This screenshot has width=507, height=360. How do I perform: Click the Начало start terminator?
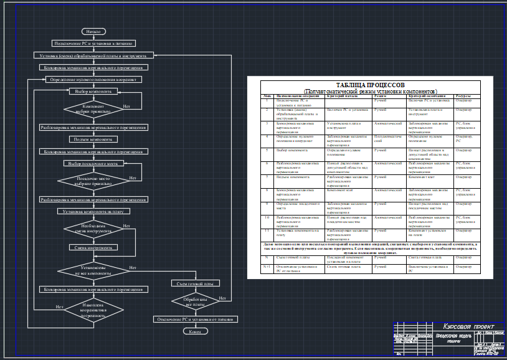click(94, 31)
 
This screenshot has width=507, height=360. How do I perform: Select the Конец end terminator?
click(195, 331)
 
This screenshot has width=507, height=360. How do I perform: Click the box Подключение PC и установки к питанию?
click(94, 44)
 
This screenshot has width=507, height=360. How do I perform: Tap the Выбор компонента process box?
click(94, 91)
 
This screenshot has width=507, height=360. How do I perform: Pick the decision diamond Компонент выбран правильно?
click(94, 110)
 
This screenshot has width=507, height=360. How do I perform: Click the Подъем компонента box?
click(94, 140)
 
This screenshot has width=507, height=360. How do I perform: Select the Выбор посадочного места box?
click(94, 163)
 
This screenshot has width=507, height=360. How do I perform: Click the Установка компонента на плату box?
click(94, 211)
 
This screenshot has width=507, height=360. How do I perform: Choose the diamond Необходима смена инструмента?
click(94, 229)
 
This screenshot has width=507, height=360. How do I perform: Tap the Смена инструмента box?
click(94, 247)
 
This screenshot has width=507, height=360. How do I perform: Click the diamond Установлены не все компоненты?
click(94, 271)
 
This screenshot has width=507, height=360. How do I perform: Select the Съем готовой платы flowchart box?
click(195, 283)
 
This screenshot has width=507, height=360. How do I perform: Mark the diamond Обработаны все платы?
click(195, 301)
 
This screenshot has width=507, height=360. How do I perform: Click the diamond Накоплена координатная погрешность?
click(94, 307)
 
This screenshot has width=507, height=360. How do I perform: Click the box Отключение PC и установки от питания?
click(195, 319)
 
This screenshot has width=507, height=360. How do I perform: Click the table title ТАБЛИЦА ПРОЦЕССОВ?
click(371, 84)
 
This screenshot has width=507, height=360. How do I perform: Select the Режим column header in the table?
click(381, 96)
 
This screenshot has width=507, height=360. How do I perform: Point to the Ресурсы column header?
click(463, 96)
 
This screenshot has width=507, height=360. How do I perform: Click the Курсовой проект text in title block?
click(468, 327)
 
